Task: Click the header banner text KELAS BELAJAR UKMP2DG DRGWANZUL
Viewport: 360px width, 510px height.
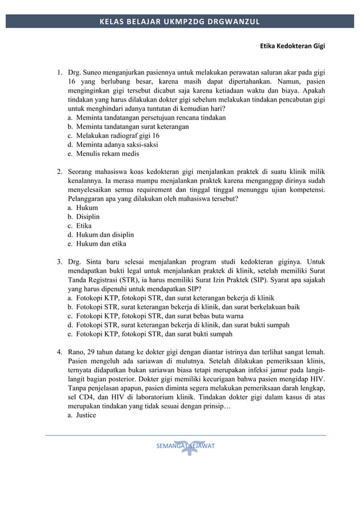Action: [x=179, y=22]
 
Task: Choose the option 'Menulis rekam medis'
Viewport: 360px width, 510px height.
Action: [x=108, y=154]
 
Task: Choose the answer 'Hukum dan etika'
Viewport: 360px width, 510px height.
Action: [x=101, y=244]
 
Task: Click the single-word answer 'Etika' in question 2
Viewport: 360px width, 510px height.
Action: [x=84, y=226]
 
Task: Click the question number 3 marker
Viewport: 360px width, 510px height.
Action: [x=59, y=262]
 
